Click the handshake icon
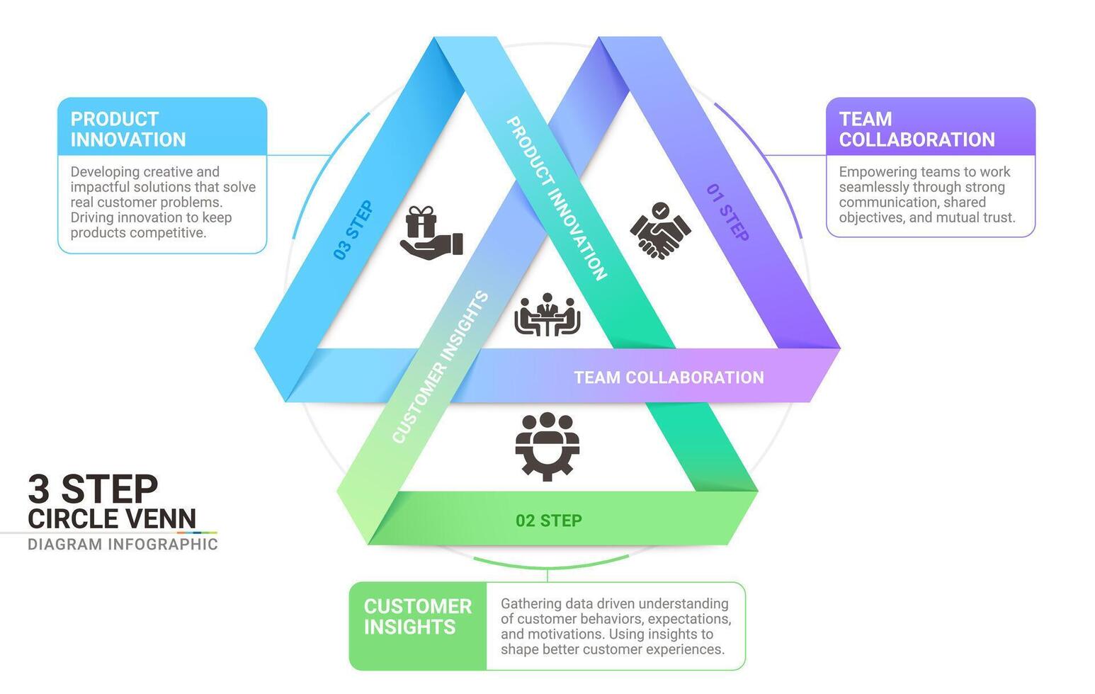pos(660,230)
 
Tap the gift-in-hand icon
pos(431,233)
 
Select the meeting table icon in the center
pos(547,315)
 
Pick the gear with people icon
pos(547,446)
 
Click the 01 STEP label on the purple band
pos(727,212)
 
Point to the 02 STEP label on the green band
pos(548,520)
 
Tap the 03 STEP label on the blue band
pos(353,230)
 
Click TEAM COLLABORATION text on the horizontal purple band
pos(668,377)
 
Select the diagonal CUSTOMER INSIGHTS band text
pos(440,367)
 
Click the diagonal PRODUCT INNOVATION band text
pos(557,198)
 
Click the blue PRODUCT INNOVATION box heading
pos(127,129)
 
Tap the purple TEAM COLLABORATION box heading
pos(916,129)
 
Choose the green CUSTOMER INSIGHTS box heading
pos(417,616)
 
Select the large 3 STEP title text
pos(93,489)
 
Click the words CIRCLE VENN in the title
pos(111,518)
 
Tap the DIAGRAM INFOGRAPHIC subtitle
pos(123,544)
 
